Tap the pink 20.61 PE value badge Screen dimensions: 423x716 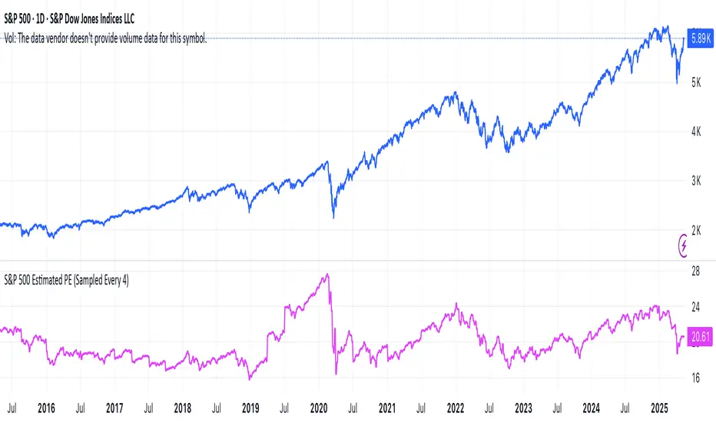click(698, 336)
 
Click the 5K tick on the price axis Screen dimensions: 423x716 click(696, 82)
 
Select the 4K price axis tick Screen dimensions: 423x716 click(696, 132)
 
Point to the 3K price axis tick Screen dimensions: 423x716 click(696, 181)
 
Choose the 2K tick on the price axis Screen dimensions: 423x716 click(696, 230)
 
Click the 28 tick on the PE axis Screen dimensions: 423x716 click(696, 271)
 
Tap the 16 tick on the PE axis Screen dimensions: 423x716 click(696, 378)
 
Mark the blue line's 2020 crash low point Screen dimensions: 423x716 click(333, 218)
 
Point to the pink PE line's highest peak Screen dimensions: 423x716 click(328, 274)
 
